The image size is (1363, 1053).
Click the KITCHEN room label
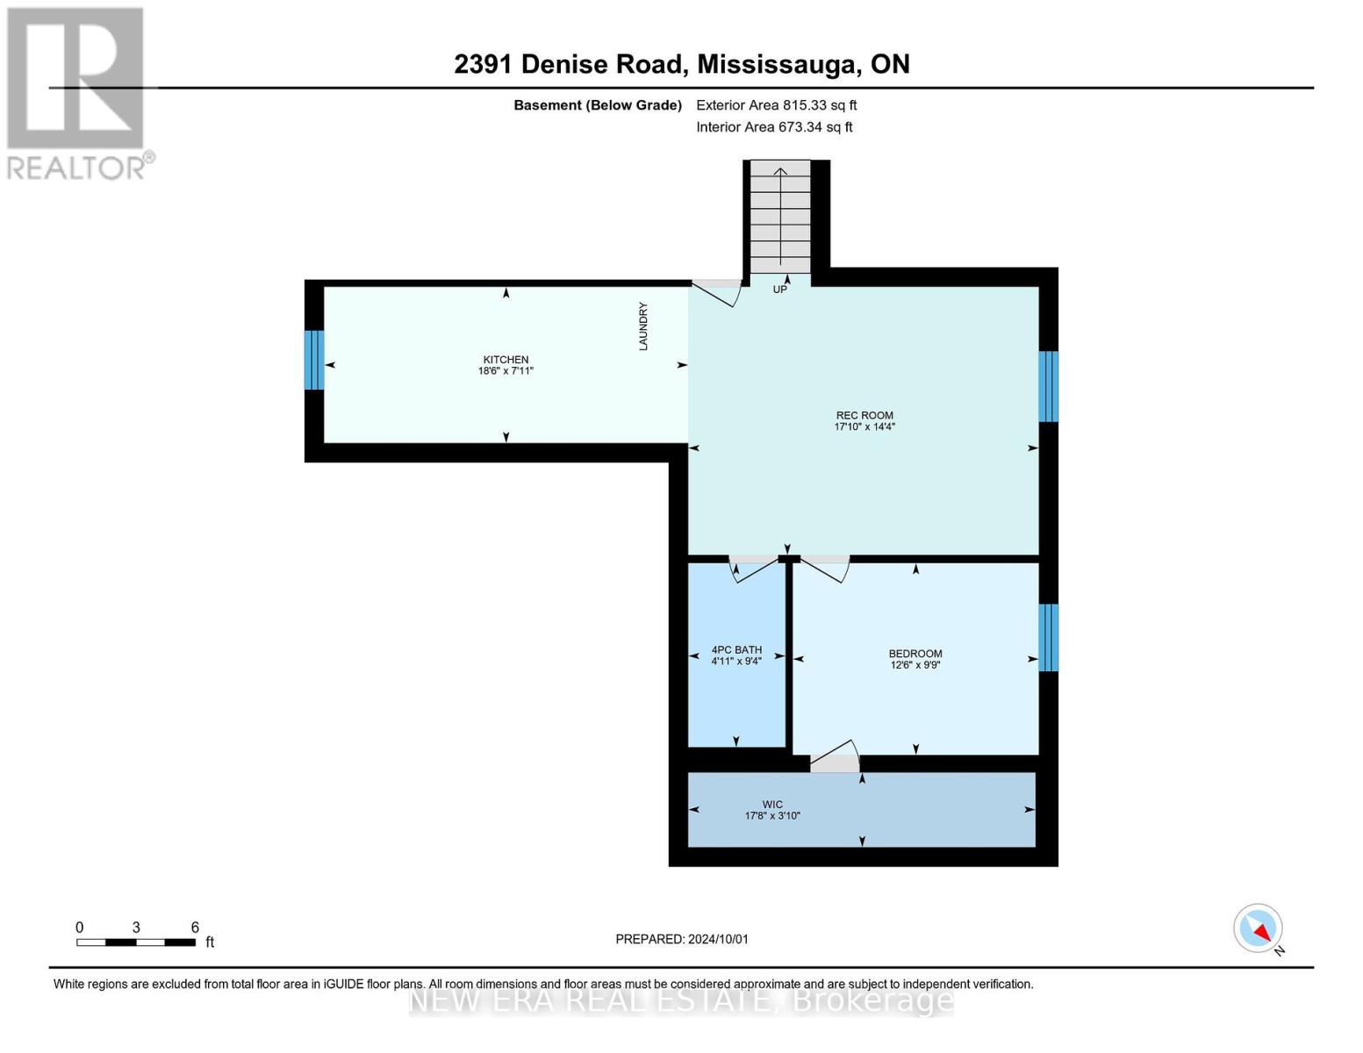pyautogui.click(x=506, y=360)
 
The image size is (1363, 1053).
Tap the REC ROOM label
pyautogui.click(x=864, y=415)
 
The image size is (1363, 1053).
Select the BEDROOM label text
pyautogui.click(x=915, y=654)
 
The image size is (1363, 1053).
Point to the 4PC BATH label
pyautogui.click(x=736, y=649)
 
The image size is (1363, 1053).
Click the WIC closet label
pyautogui.click(x=772, y=804)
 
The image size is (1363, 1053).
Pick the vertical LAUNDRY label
pyautogui.click(x=643, y=326)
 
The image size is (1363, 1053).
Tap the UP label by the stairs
pyautogui.click(x=779, y=289)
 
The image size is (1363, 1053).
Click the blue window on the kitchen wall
pyautogui.click(x=314, y=360)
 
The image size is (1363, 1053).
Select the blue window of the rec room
pyautogui.click(x=1048, y=386)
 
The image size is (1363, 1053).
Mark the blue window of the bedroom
pyautogui.click(x=1048, y=637)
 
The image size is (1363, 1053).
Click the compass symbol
pyautogui.click(x=1258, y=928)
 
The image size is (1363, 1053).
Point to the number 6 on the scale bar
pyautogui.click(x=195, y=927)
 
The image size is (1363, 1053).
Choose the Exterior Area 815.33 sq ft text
pyautogui.click(x=777, y=105)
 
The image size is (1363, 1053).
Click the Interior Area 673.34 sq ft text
pyautogui.click(x=775, y=126)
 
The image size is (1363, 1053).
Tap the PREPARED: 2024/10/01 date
pyautogui.click(x=682, y=939)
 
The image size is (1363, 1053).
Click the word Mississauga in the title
pyautogui.click(x=777, y=64)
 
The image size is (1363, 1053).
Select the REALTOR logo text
pyautogui.click(x=76, y=168)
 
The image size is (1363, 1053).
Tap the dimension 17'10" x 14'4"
pyautogui.click(x=864, y=426)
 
